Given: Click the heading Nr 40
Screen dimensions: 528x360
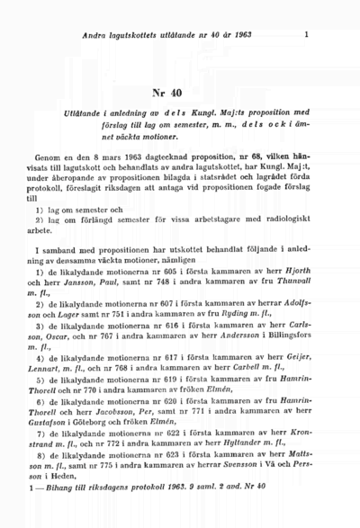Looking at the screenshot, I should point(179,93).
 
